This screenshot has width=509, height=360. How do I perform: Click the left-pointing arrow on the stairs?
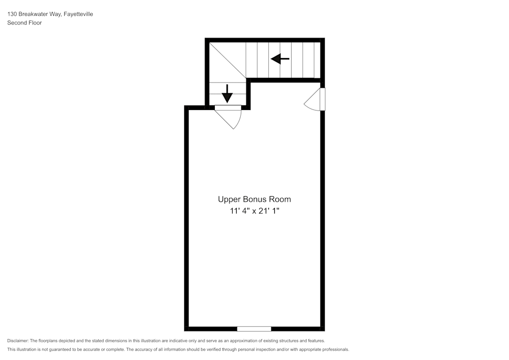point(280,59)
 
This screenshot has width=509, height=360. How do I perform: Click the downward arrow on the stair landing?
point(227,94)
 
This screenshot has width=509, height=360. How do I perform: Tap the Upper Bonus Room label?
point(254,199)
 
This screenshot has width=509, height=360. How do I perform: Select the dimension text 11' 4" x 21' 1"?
point(254,211)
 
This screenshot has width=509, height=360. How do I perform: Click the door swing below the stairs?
point(231,118)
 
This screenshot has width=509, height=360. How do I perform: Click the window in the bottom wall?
point(254,328)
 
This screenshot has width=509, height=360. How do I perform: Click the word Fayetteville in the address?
point(78,14)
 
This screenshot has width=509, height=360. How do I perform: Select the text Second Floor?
point(24,23)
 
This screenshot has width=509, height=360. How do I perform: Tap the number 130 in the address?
point(12,14)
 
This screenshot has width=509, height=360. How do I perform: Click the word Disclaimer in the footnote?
point(18,341)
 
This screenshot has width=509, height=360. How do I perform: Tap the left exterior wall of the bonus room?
point(186,219)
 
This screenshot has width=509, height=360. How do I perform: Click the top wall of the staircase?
point(265,40)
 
